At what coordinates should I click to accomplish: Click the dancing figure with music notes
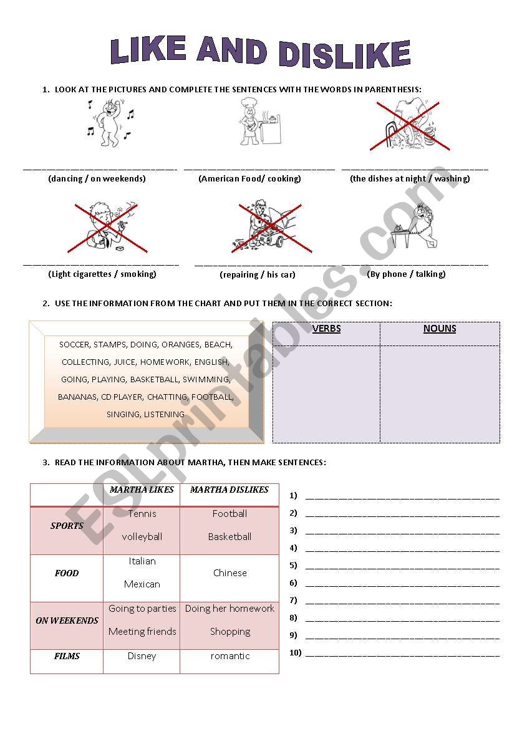click(x=110, y=122)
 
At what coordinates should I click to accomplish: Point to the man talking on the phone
click(x=415, y=226)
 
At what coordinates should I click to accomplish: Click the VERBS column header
click(x=326, y=329)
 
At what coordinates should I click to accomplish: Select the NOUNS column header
click(x=440, y=329)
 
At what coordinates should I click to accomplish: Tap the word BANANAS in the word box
click(x=77, y=397)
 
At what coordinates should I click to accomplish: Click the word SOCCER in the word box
click(x=74, y=344)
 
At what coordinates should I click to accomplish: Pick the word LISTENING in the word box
click(x=164, y=414)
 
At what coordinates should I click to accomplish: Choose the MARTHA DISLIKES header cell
click(x=229, y=490)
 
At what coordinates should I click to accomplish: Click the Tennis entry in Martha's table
click(x=142, y=514)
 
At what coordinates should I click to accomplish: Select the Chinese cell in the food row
click(x=229, y=573)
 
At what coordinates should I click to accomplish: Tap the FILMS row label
click(x=67, y=656)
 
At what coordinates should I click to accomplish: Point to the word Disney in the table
click(x=142, y=656)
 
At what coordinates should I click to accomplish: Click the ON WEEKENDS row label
click(x=67, y=620)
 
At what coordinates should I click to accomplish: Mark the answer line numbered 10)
click(x=402, y=654)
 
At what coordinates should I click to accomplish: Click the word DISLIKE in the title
click(x=344, y=54)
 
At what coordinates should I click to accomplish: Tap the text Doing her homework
click(x=229, y=609)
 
